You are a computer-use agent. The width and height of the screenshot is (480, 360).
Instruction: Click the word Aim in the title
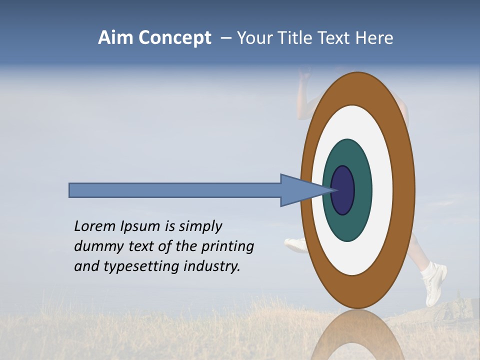115,38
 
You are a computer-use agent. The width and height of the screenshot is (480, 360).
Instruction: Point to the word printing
227,246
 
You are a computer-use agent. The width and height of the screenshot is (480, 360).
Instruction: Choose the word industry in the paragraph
212,266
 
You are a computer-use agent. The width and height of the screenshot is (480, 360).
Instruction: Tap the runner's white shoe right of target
433,282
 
